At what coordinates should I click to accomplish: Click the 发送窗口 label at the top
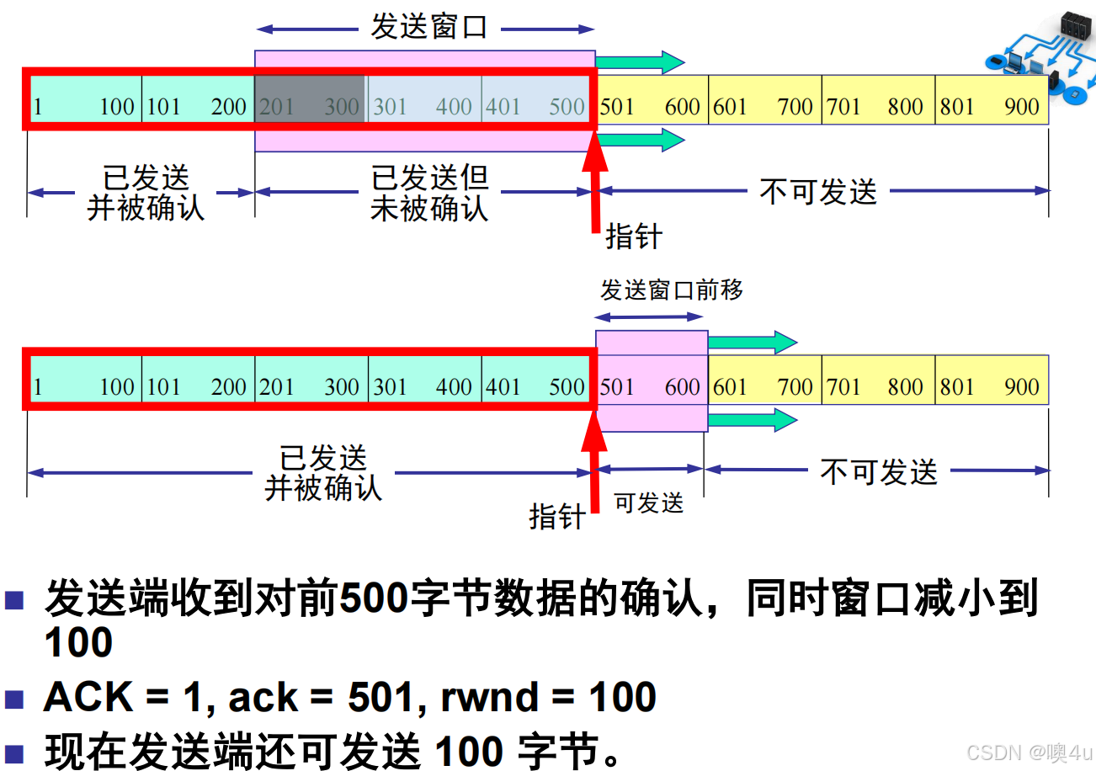(x=429, y=27)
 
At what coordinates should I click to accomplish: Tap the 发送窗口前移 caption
(x=671, y=290)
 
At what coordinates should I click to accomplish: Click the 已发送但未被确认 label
(x=429, y=193)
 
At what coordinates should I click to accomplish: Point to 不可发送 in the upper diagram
(x=817, y=192)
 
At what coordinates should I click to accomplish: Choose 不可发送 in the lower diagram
(x=878, y=471)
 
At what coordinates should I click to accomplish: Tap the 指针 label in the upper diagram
(x=634, y=237)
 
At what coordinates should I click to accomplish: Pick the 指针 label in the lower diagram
(x=556, y=516)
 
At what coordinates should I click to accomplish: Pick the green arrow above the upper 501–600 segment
(x=641, y=62)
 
